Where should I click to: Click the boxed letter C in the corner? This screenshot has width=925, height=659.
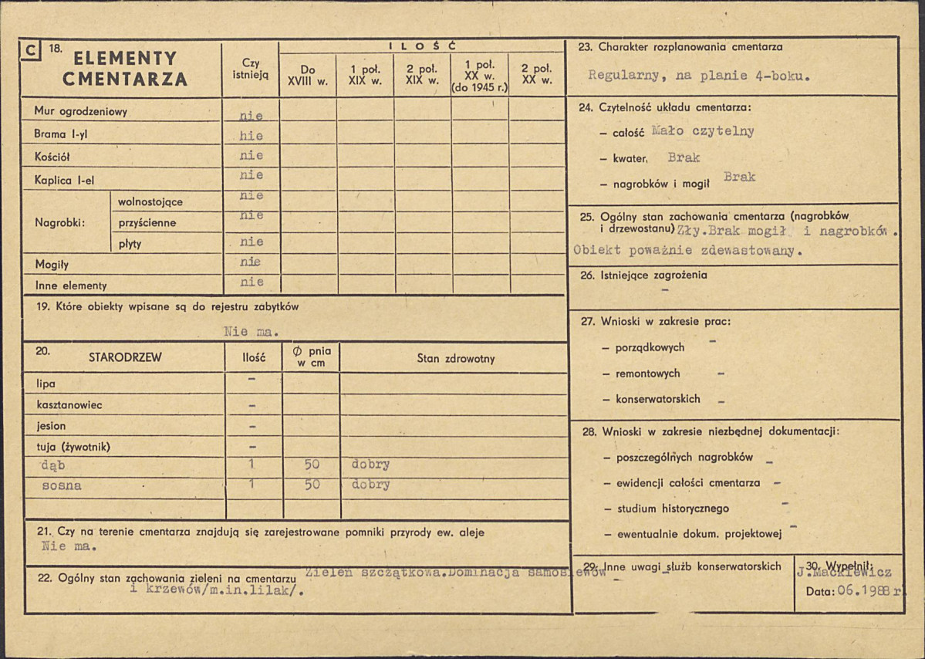coord(31,51)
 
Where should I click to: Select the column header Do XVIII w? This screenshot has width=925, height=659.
coord(308,74)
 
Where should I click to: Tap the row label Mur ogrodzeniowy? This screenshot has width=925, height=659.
coord(80,112)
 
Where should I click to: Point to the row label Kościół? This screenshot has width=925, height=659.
coord(52,156)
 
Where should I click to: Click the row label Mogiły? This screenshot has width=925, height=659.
coord(52,265)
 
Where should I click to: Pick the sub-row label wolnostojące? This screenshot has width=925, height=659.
coord(150,202)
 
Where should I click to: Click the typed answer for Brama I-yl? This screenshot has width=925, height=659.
coord(252,136)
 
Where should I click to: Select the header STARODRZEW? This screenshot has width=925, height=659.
coord(125,358)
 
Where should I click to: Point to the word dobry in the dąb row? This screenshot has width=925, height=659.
coord(370,465)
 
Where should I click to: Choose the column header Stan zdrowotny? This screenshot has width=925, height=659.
coord(456,358)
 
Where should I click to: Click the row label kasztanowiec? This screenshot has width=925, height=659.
coord(69,404)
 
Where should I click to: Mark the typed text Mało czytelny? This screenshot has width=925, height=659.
coord(702,131)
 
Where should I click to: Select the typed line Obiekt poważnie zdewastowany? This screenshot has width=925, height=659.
coord(687,250)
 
